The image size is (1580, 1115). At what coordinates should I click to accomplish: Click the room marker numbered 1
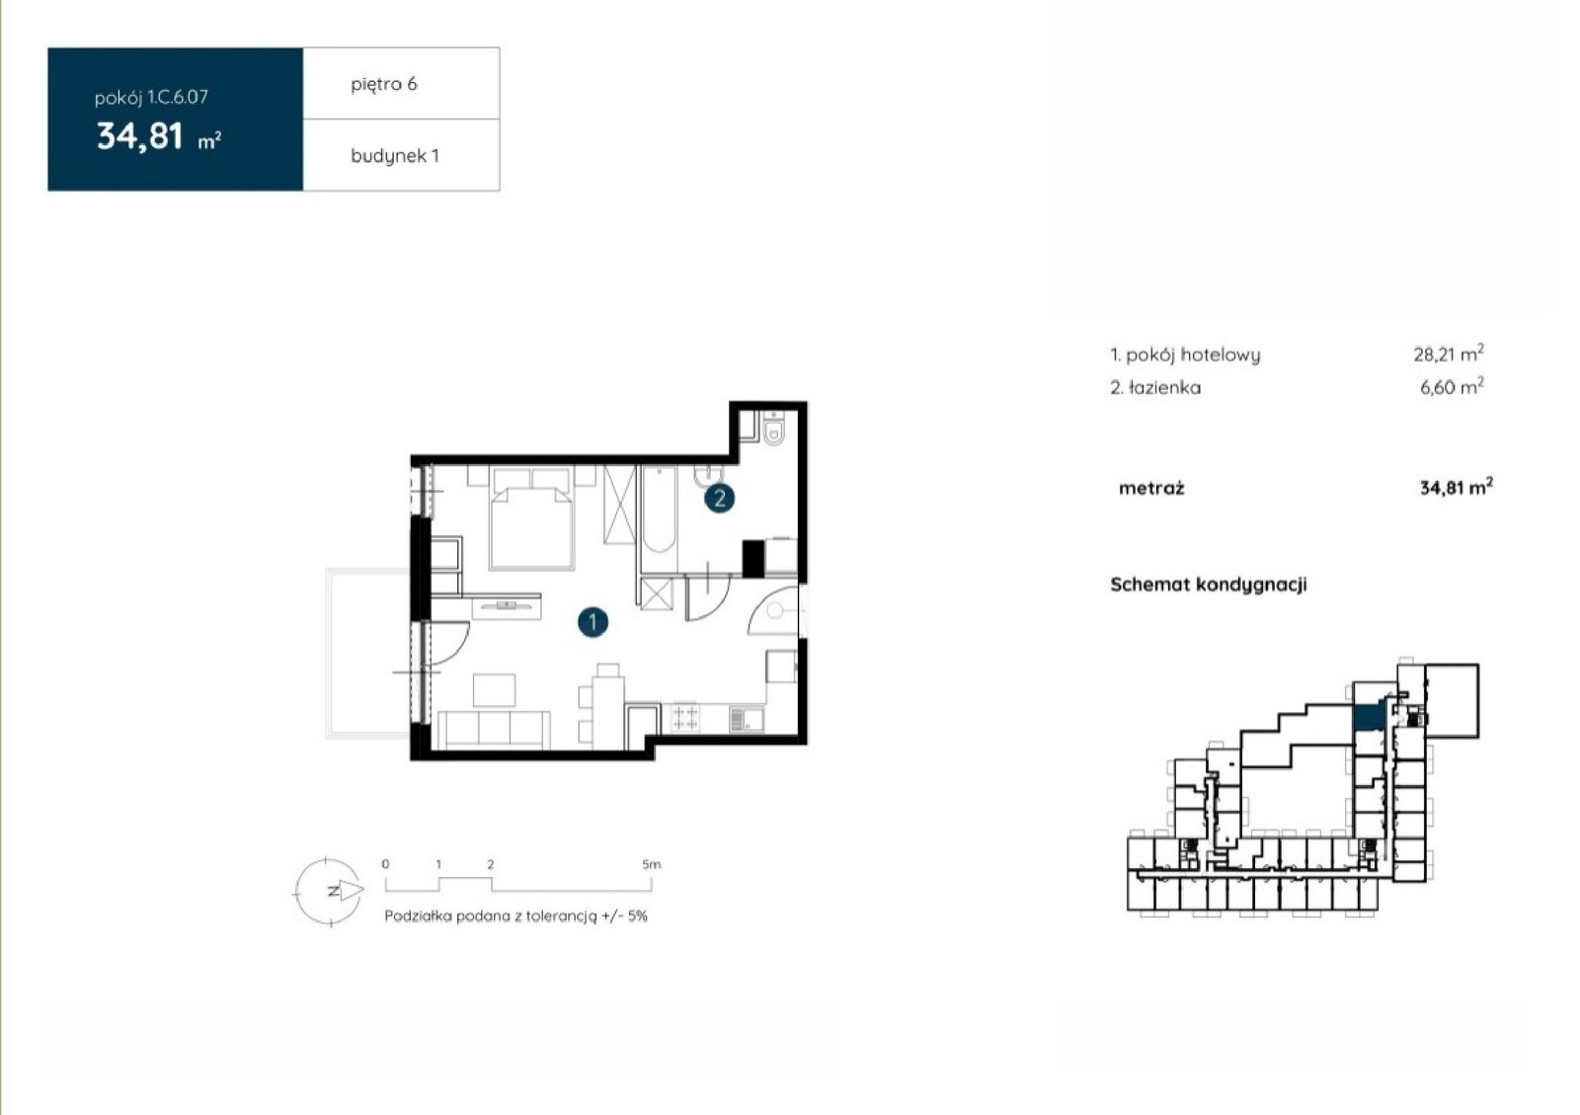(x=592, y=622)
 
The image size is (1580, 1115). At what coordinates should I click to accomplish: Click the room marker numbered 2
(x=720, y=499)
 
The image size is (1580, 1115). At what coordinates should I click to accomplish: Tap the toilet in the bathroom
(x=774, y=428)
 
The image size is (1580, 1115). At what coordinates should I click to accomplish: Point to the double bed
(x=532, y=518)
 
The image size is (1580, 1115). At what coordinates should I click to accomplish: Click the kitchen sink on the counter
(x=747, y=719)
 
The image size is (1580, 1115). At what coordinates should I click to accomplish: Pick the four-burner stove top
(x=685, y=718)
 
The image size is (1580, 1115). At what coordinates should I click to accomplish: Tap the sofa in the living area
(x=494, y=730)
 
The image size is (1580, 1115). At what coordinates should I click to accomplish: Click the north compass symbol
(x=329, y=891)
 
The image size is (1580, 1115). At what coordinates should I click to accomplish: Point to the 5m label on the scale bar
(x=651, y=864)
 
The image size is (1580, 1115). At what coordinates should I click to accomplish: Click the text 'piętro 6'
(x=384, y=85)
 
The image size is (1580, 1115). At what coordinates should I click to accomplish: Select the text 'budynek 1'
(x=395, y=156)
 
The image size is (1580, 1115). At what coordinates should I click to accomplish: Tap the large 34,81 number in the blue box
(x=139, y=137)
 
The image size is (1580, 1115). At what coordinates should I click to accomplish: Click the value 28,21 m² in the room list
(x=1448, y=353)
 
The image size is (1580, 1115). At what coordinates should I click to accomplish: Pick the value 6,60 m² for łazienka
(x=1452, y=386)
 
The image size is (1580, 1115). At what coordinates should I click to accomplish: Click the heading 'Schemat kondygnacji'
(x=1209, y=585)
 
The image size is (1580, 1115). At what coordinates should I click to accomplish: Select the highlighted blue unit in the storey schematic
(x=1369, y=717)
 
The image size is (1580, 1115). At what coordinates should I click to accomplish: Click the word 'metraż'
(x=1151, y=488)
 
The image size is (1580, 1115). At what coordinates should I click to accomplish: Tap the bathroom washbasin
(x=708, y=476)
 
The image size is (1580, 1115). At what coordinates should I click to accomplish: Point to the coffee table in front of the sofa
(x=494, y=689)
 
